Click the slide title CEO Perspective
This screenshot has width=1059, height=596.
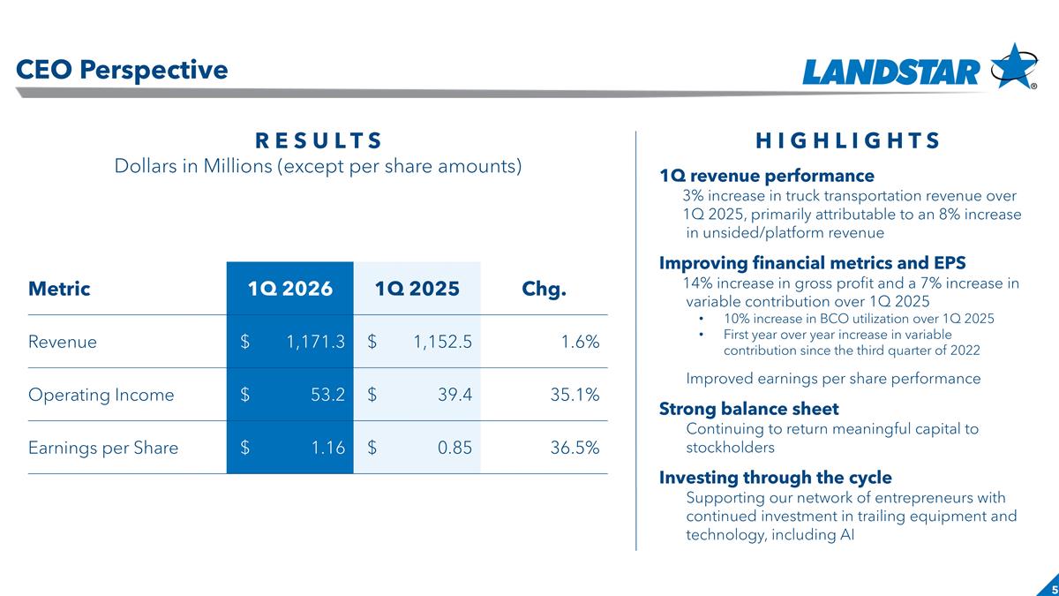[122, 70]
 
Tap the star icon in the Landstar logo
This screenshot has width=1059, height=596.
[1013, 66]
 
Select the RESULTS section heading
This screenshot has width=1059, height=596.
[319, 141]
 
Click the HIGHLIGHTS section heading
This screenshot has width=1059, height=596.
[847, 141]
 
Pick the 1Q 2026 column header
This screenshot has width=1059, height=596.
[289, 289]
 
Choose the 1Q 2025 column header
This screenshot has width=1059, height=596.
[417, 289]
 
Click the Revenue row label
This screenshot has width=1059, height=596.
[63, 342]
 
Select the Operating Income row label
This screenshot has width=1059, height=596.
[101, 395]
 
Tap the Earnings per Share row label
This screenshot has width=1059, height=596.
[103, 448]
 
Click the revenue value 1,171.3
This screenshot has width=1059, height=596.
[315, 342]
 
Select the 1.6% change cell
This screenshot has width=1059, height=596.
[582, 342]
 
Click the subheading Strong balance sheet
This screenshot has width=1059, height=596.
[749, 409]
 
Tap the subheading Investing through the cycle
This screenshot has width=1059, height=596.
[776, 478]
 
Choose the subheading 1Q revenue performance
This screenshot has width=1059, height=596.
[767, 176]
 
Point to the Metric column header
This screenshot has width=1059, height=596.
[59, 289]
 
